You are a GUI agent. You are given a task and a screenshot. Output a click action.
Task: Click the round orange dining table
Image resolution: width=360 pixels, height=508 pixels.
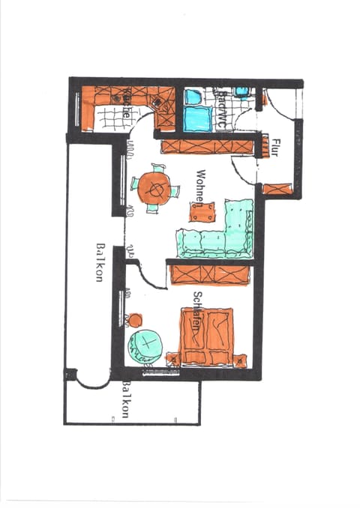click(155, 187)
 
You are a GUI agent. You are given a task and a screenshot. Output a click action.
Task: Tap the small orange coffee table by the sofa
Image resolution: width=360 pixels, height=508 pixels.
click(202, 211)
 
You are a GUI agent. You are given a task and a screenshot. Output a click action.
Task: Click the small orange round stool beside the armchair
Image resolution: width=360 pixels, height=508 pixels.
click(136, 320)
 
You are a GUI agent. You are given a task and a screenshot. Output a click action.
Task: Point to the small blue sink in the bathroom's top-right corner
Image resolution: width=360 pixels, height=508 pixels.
click(241, 92)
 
